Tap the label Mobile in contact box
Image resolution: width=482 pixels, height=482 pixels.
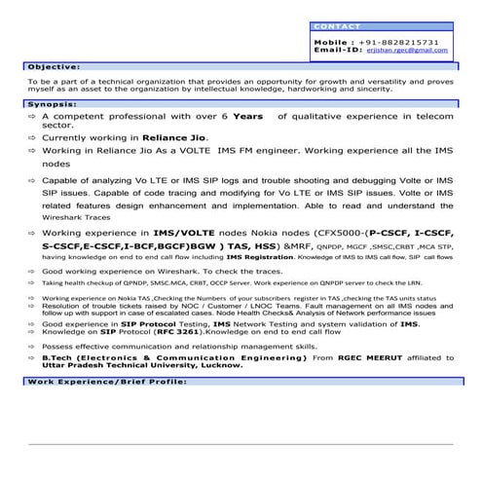pyautogui.click(x=333, y=43)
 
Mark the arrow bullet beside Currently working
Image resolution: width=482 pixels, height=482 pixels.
pyautogui.click(x=31, y=139)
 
